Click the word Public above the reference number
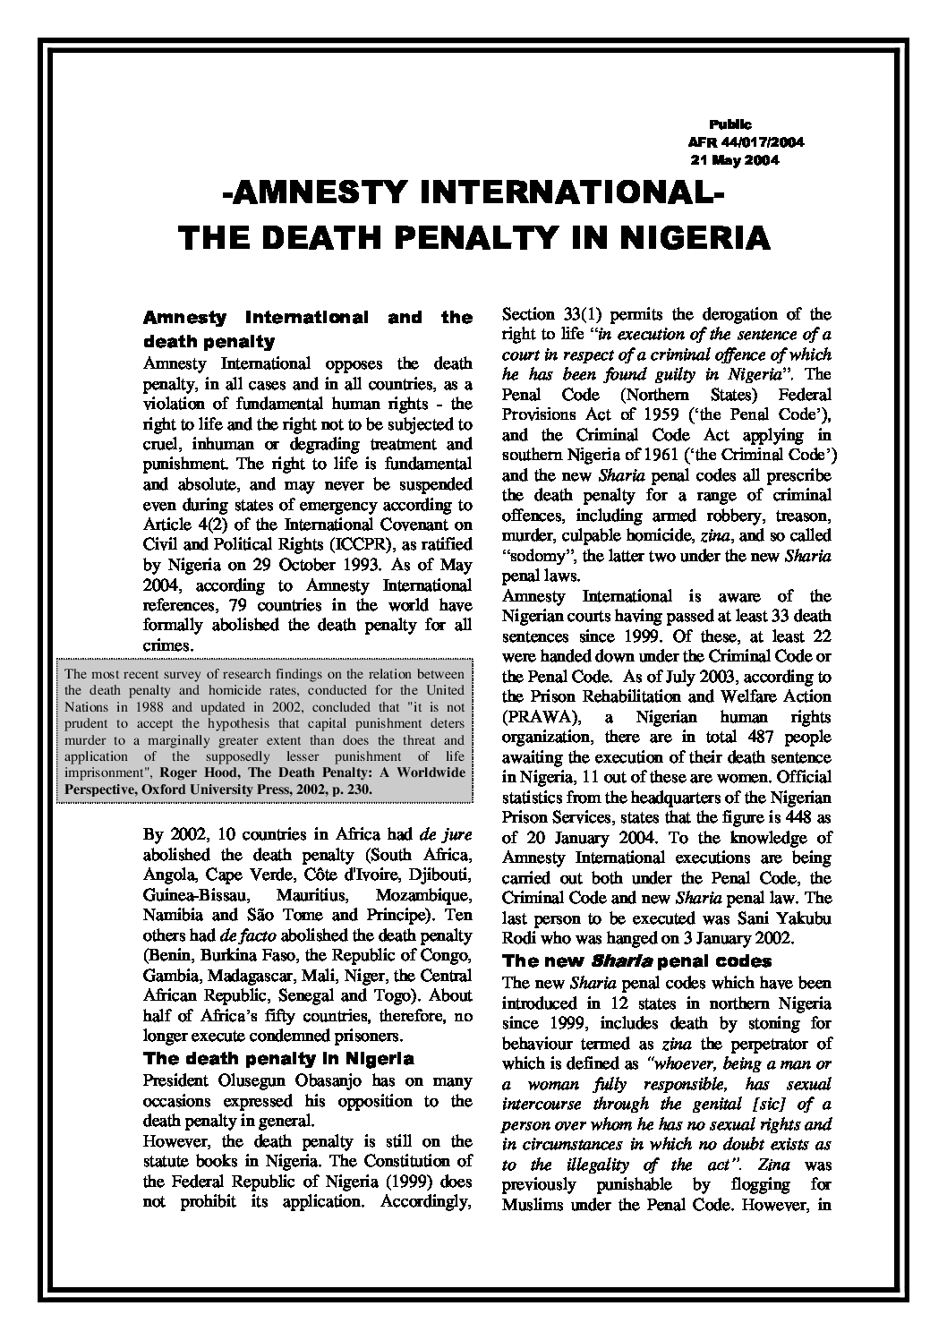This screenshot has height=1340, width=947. coord(730,124)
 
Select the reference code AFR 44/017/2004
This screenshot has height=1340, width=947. coord(747,142)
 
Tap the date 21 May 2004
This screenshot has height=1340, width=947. coord(735,161)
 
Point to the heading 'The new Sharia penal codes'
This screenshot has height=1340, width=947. coord(636,961)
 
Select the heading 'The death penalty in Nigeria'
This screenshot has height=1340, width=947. coord(278,1059)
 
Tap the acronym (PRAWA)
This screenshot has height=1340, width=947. coord(532,717)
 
